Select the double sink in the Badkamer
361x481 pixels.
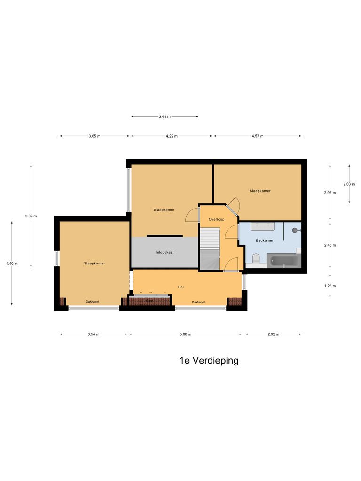pos(262,227)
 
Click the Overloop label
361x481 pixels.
pos(216,219)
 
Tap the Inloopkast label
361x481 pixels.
pos(165,252)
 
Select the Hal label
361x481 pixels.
pos(180,287)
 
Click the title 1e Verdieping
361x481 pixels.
pos(209,361)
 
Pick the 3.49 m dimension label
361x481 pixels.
pos(165,116)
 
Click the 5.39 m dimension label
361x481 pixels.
pos(31,216)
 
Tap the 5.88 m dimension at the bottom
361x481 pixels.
pos(186,334)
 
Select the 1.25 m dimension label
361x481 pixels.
pos(330,286)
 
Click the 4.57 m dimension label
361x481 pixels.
pos(258,136)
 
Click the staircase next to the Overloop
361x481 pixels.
pos(210,249)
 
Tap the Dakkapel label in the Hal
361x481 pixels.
pos(198,302)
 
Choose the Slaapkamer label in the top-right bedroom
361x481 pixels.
pos(260,191)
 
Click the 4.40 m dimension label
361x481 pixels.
pos(12,264)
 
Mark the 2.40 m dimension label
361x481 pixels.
pos(330,245)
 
